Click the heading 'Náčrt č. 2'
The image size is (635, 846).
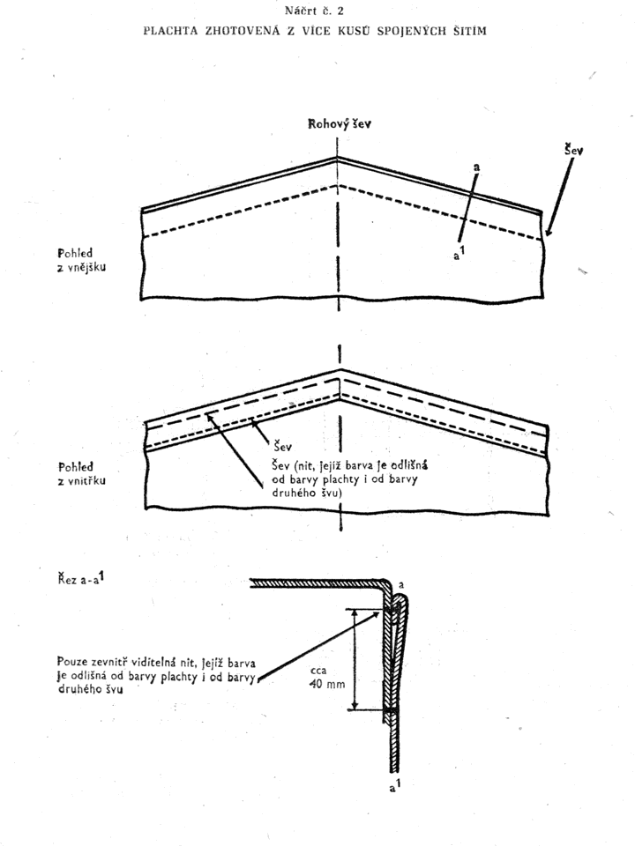314,11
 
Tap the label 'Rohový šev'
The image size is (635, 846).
339,124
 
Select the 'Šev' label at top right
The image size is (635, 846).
573,150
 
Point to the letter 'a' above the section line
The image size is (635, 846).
476,167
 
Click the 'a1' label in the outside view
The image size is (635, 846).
459,253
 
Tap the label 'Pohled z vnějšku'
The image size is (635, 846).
81,260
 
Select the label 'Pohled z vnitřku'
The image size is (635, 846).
81,474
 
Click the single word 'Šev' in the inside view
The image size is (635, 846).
282,446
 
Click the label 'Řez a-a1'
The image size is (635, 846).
81,579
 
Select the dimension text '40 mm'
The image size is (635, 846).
327,684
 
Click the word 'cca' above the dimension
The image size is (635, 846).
318,672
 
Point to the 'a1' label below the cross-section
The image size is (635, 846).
395,786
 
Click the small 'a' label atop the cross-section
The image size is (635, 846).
401,585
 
